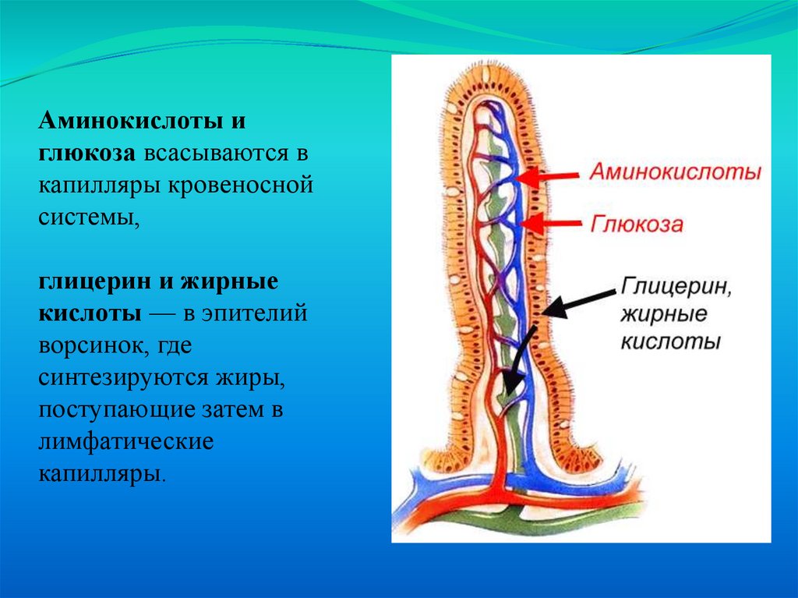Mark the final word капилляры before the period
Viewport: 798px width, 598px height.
(99, 473)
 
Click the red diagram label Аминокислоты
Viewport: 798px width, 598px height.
(675, 172)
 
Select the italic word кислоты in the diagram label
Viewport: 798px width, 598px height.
(669, 342)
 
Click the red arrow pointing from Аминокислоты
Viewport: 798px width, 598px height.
(549, 177)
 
